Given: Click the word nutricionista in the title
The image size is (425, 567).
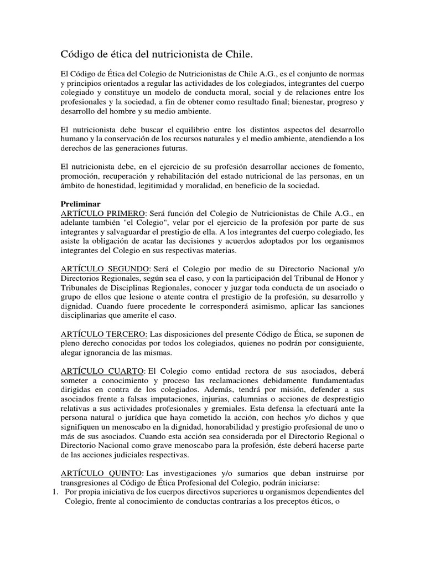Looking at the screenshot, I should [x=184, y=54].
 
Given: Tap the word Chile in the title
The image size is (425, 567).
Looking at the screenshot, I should [x=240, y=54].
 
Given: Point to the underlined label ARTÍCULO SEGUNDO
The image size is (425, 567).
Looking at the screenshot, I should [x=105, y=270].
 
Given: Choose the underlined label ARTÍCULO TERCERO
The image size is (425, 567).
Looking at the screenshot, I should [x=103, y=336].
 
